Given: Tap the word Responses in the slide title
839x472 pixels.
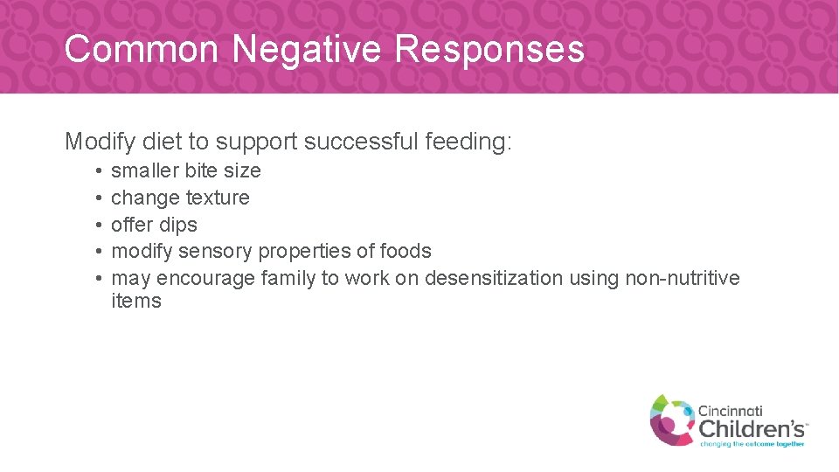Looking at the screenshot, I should point(489,49).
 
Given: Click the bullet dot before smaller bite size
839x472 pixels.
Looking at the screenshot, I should point(101,171).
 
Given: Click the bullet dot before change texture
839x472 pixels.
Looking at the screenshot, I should point(101,198).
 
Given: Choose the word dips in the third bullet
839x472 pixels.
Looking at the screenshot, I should point(177,225).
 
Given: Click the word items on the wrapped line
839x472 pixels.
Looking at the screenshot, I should point(136,302).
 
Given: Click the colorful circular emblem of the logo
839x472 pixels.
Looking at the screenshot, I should point(670,420).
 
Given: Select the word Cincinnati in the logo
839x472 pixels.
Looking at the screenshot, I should point(730,410).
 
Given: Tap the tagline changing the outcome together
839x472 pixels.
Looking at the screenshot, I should point(752,443).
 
